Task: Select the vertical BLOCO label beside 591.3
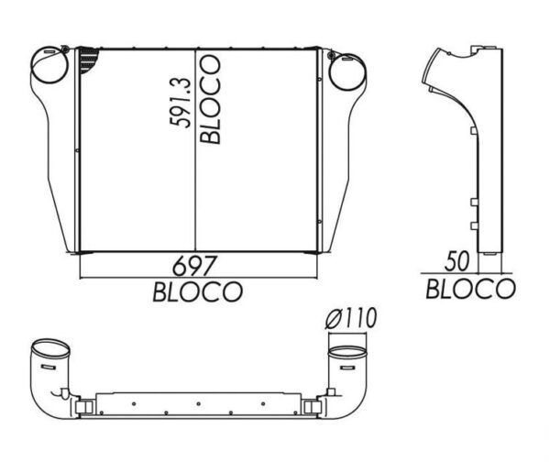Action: coord(210,99)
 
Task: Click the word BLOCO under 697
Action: coord(197,292)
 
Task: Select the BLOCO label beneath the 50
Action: coord(470,289)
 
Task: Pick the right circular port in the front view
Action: coord(346,71)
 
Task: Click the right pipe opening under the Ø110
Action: coord(346,353)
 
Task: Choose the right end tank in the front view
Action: coord(339,156)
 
